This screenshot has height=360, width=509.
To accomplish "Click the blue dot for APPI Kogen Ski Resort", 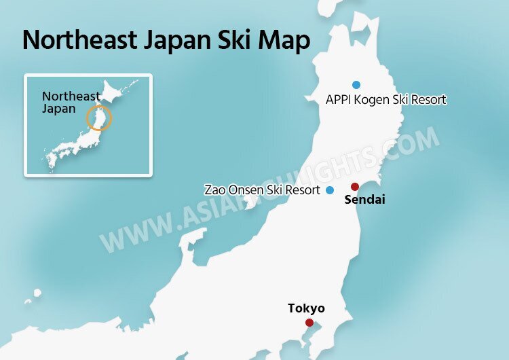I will coord(356,85).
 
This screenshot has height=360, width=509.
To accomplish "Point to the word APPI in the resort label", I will coord(339,100).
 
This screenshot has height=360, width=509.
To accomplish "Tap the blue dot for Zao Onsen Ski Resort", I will coord(330,190).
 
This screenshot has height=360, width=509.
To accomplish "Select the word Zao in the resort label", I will coord(214,190).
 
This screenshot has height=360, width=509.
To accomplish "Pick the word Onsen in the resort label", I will coord(244,190).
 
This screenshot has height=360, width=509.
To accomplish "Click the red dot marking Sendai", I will coord(354,187).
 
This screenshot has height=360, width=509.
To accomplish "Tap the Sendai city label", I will coord(364,200).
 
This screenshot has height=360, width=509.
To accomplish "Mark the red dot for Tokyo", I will coord(309,323).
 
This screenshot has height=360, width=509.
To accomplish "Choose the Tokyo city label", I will coord(306,308).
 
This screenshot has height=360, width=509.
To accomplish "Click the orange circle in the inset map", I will coord(99,118).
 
